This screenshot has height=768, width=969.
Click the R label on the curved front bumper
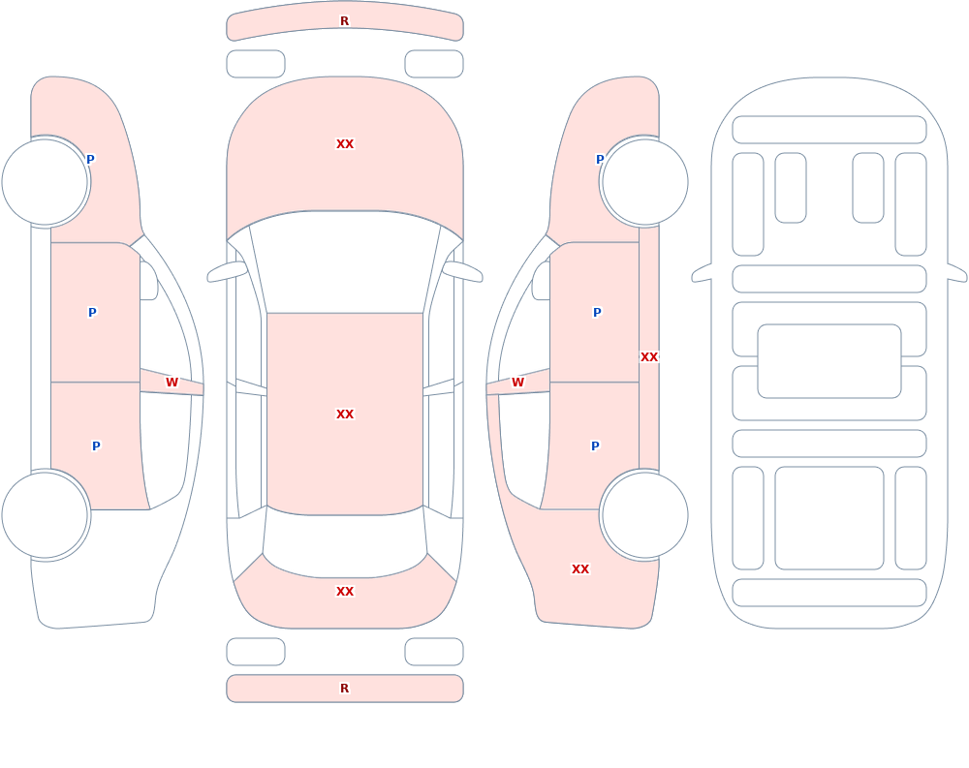[x=344, y=21]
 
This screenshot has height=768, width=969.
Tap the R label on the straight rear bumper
[x=344, y=689]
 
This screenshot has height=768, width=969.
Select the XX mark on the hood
[x=345, y=144]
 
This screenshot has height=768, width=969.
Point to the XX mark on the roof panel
[x=345, y=414]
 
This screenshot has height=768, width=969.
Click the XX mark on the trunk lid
[x=345, y=592]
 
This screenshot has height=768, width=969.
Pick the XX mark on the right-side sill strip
[x=649, y=357]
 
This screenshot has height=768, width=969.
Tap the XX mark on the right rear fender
[x=580, y=569]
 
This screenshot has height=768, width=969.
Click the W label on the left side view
[x=172, y=383]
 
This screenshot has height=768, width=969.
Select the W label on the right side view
[x=517, y=383]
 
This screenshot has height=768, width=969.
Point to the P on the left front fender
[x=90, y=160]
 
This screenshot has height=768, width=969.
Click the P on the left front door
[x=92, y=313]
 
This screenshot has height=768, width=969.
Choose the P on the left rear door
[x=96, y=446]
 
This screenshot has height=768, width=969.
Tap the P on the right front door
[x=597, y=313]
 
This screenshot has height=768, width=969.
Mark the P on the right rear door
[x=595, y=446]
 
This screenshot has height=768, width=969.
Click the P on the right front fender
[x=600, y=160]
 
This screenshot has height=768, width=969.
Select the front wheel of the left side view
[x=46, y=182]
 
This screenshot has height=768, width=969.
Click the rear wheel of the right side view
[x=644, y=514]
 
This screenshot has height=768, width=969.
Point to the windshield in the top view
[x=345, y=260]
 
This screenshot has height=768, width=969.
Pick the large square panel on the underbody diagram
[x=829, y=518]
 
